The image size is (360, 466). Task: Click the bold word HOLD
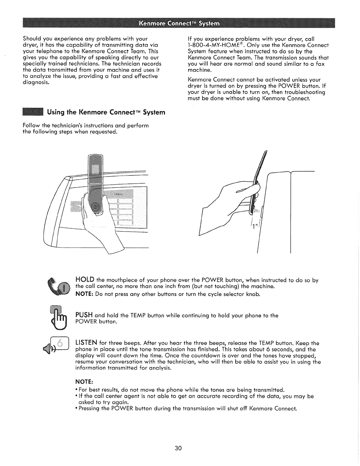85,279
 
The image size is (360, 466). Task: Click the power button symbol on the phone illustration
96,208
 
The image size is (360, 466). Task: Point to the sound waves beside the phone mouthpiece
257,211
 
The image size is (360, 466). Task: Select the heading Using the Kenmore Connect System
106,112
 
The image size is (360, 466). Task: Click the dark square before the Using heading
33,112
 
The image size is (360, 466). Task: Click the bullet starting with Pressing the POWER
187,409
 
